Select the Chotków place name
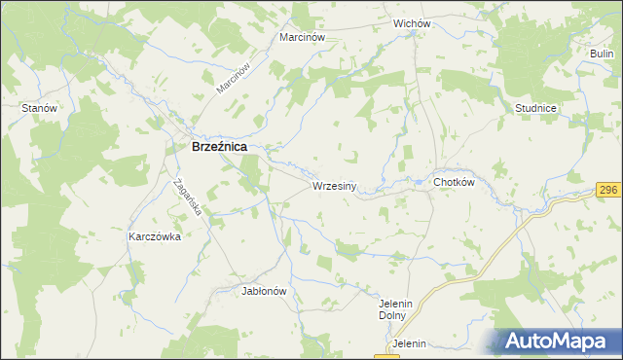(x=453, y=182)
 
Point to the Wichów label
(x=412, y=21)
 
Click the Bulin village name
(x=603, y=53)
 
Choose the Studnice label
(x=536, y=108)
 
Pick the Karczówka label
(x=155, y=236)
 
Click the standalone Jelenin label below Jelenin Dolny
(x=410, y=344)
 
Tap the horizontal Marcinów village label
(x=301, y=37)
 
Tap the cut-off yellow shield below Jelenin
(x=386, y=356)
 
